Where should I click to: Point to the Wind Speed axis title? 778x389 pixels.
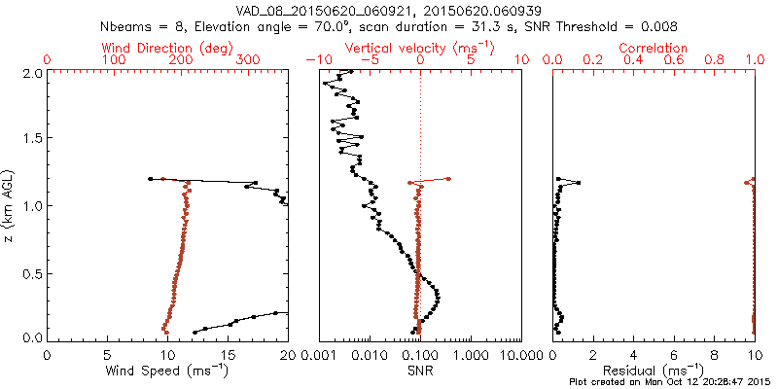tap(167, 370)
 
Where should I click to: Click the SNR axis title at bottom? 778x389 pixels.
tap(420, 370)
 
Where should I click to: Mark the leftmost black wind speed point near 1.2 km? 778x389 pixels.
tap(150, 179)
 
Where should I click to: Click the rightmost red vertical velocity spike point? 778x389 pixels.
tap(448, 178)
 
